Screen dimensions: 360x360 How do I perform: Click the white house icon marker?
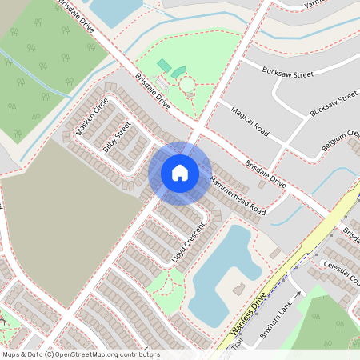click(x=179, y=172)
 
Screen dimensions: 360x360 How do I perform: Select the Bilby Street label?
click(x=117, y=136)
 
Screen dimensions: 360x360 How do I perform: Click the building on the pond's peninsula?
click(x=238, y=287)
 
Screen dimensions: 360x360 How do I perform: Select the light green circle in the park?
click(x=186, y=84)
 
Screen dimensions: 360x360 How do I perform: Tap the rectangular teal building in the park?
click(x=163, y=65)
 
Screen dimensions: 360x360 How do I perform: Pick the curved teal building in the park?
click(x=178, y=73)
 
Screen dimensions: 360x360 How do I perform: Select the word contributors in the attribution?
click(x=139, y=354)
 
